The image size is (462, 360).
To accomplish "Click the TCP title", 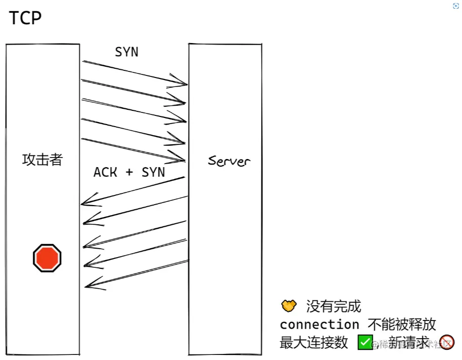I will [25, 18].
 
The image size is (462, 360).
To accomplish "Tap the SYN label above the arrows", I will [127, 52].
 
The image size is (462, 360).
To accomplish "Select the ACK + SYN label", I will [129, 172].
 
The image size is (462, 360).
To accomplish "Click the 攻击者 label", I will [43, 159].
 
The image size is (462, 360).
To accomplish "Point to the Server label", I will [229, 161].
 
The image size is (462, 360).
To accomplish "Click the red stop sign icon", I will [47, 258].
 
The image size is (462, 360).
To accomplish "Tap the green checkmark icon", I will [365, 342].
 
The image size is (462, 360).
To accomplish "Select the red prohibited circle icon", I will [447, 342].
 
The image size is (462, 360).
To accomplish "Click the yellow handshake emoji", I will [288, 306].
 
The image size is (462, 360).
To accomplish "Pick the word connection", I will [319, 324].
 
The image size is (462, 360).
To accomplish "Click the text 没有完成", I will [333, 306].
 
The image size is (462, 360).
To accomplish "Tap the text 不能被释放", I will [402, 324].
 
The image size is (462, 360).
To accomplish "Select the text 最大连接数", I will [314, 342].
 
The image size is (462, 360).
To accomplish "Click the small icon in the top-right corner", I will [454, 6].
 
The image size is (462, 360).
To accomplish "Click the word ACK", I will [105, 172].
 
